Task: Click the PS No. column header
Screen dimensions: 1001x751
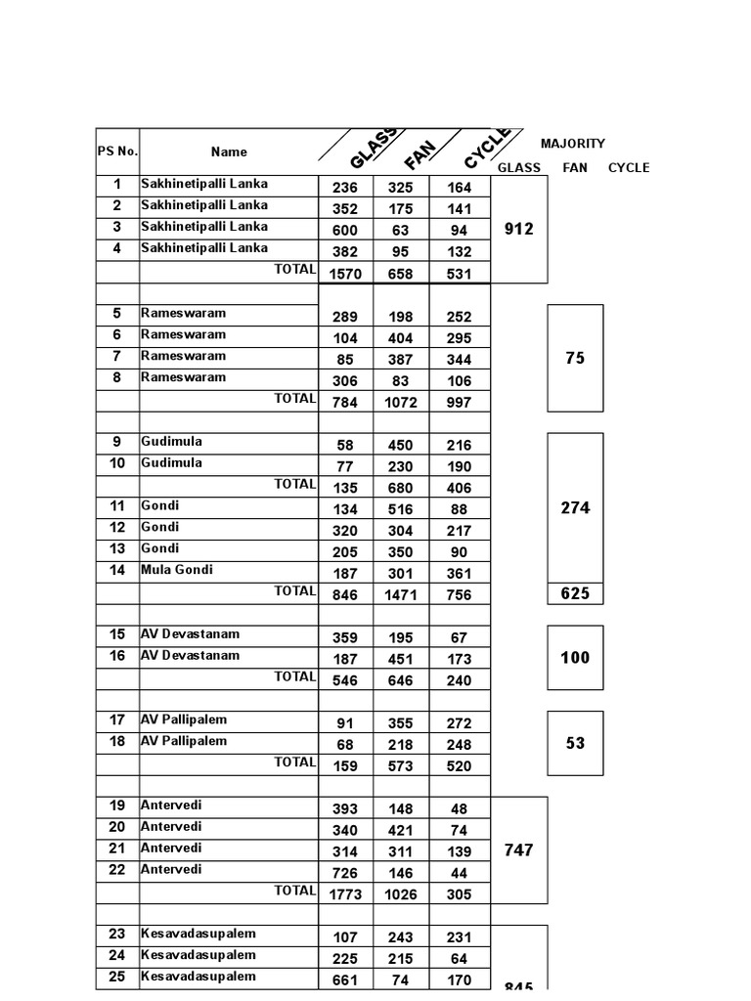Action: point(117,152)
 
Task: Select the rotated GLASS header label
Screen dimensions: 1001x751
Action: point(374,149)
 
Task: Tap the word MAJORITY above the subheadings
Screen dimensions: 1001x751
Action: point(573,144)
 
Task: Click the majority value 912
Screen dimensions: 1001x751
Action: point(518,229)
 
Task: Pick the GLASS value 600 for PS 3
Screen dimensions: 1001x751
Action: point(345,231)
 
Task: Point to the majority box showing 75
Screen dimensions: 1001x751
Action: point(575,358)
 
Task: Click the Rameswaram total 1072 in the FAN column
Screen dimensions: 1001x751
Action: point(401,403)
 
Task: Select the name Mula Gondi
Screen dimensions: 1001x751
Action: point(177,570)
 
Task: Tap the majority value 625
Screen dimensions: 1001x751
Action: point(575,593)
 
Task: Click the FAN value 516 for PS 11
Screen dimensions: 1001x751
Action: point(401,509)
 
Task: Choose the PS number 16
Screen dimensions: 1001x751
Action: point(117,656)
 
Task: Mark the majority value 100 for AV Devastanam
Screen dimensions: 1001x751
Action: point(575,658)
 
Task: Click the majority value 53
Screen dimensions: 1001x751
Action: point(575,743)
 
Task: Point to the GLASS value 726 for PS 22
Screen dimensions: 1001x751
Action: point(345,873)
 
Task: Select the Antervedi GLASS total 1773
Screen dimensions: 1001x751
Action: point(345,894)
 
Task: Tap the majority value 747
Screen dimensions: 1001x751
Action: point(518,850)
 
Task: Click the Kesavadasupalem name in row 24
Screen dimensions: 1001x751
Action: point(199,955)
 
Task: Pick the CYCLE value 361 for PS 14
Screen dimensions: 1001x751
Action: point(459,574)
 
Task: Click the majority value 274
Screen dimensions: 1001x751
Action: point(575,508)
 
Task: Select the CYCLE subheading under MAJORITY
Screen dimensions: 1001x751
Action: point(629,168)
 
